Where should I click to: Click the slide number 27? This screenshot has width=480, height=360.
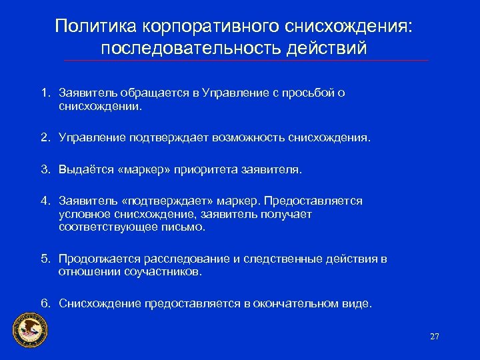pyautogui.click(x=435, y=337)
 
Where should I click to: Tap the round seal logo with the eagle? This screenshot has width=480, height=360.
pyautogui.click(x=31, y=331)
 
